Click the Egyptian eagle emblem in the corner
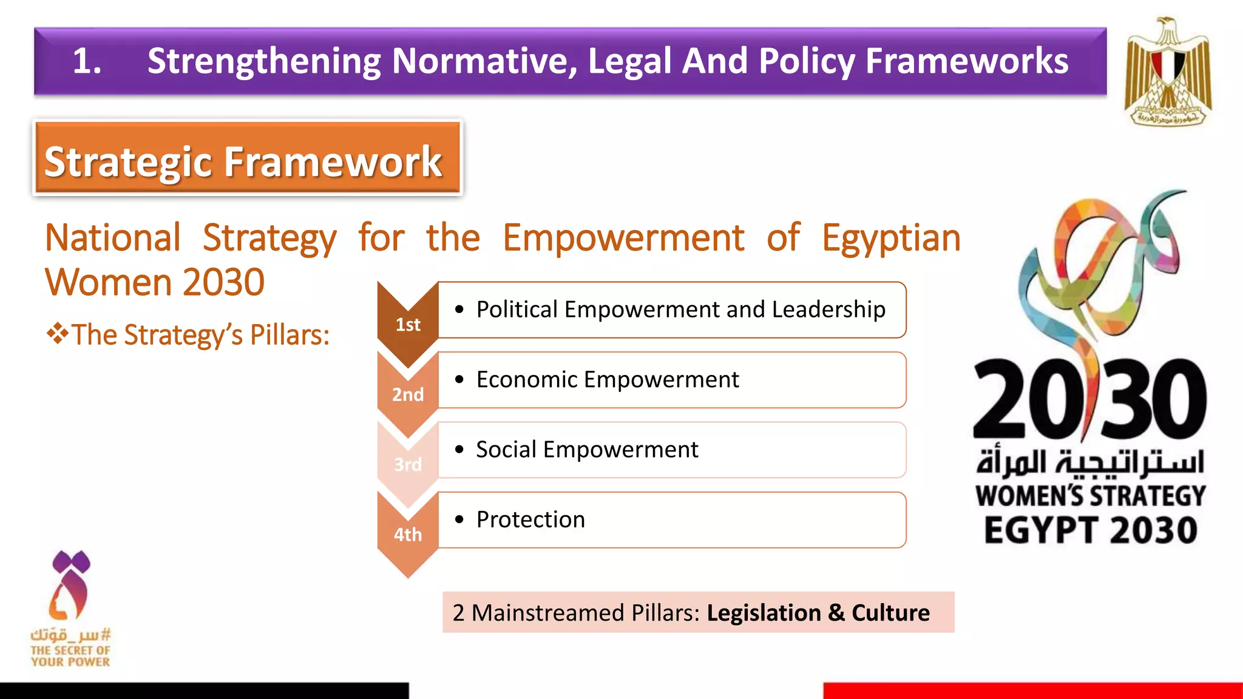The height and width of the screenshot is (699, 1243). click(1168, 71)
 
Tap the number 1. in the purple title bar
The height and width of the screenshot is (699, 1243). click(87, 61)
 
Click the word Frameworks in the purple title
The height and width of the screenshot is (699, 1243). click(967, 61)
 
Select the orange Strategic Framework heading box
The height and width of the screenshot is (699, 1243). click(247, 158)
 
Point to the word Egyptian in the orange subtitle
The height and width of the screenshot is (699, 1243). click(891, 238)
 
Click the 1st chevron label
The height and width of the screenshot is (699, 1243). click(408, 325)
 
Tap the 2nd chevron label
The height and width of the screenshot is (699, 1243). click(408, 395)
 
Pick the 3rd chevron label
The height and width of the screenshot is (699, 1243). click(408, 465)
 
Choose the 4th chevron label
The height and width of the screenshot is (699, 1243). click(408, 535)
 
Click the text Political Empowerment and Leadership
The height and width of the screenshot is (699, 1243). click(680, 309)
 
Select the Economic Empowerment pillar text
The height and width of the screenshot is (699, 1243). click(608, 380)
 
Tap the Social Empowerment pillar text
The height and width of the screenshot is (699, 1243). click(587, 450)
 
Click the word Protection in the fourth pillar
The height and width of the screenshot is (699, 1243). click(530, 520)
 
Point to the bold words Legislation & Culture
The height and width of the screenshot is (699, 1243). click(818, 613)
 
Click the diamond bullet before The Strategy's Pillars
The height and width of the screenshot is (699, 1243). click(58, 334)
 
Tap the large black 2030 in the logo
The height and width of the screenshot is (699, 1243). click(1089, 399)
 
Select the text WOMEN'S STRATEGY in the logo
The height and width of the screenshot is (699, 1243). click(1091, 496)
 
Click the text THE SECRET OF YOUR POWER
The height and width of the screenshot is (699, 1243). click(70, 656)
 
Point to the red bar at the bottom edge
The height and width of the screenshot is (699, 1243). click(1032, 691)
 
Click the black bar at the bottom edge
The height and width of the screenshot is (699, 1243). click(204, 691)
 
